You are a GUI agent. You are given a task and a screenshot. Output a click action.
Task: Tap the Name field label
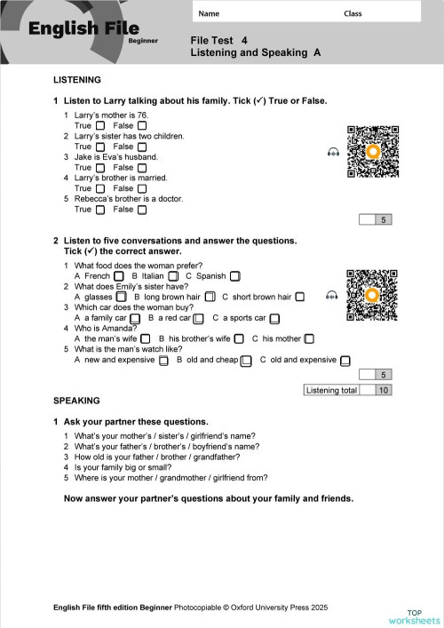tap(209, 13)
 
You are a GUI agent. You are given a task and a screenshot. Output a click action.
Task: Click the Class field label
tap(353, 13)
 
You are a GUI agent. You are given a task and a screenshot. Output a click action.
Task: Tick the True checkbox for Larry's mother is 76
tap(100, 126)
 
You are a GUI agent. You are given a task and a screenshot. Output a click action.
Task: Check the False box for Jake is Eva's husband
tap(142, 168)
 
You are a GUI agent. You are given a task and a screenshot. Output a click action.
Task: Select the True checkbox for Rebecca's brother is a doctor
tap(100, 210)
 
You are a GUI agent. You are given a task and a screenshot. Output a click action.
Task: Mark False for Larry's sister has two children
tap(142, 147)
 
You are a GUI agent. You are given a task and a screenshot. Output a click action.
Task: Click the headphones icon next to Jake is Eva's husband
tap(333, 153)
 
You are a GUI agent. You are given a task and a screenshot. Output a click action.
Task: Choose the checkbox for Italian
tap(173, 276)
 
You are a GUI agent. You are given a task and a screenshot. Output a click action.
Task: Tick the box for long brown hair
tap(210, 297)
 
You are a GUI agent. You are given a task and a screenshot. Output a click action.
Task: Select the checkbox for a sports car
tap(275, 318)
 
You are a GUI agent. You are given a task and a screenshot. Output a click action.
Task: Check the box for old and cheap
tap(247, 360)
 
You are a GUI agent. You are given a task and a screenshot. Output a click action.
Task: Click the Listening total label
tap(331, 390)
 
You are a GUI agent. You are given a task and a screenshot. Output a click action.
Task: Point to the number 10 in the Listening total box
tap(383, 390)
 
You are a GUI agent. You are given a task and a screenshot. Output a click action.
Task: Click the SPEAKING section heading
tap(77, 401)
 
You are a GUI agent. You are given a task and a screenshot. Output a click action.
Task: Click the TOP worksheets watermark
tap(414, 616)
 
